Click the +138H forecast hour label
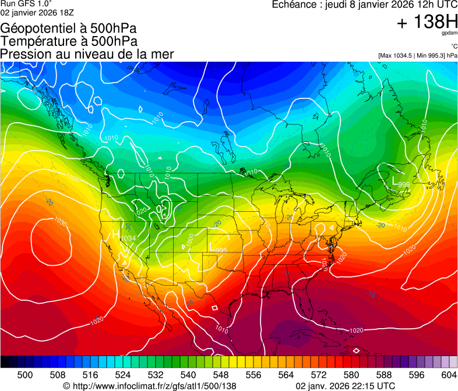pos(427,23)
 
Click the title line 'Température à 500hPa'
pos(69,41)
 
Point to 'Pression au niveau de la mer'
pos(87,54)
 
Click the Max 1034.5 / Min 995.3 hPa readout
pos(417,56)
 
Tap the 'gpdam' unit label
pos(450,34)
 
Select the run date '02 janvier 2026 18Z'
pos(37,12)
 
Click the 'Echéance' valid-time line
pos(365,5)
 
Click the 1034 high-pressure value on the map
pos(128,239)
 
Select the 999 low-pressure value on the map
pos(403,185)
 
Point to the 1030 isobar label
pos(60,222)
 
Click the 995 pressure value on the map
pos(221,250)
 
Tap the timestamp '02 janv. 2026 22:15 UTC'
pos(346,386)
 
